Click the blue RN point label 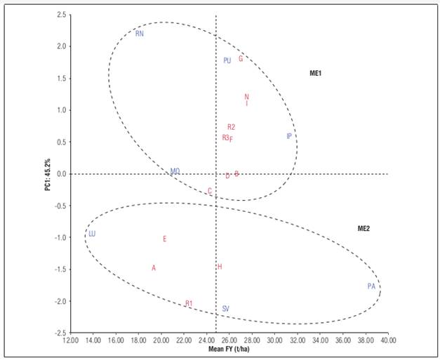140,34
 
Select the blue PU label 227,61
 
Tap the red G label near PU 241,59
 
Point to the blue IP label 288,136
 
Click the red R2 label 231,127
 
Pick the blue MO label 175,171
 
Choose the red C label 209,191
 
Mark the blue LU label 91,234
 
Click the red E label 164,239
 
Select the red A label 154,268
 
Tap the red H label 220,267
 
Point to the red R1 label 189,304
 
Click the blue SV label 225,309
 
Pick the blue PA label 371,286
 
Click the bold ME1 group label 315,73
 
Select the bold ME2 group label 364,228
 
